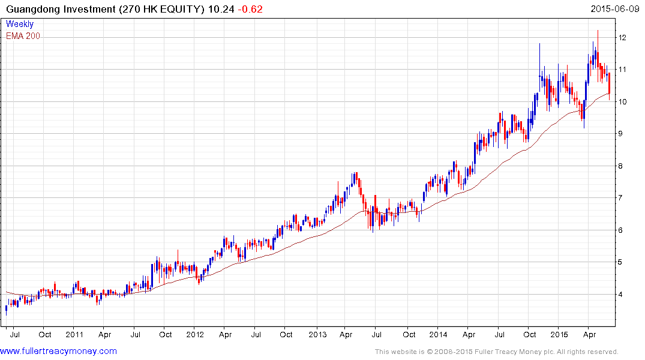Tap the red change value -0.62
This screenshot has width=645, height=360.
(x=250, y=9)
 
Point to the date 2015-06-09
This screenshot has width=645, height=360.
(x=615, y=9)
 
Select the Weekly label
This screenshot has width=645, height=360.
(x=19, y=24)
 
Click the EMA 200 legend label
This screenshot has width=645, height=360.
(x=23, y=36)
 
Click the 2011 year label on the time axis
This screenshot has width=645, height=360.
(x=74, y=334)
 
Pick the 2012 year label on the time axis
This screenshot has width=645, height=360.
(x=195, y=334)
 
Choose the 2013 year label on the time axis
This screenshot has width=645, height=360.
(x=317, y=334)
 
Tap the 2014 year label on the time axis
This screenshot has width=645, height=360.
(x=438, y=334)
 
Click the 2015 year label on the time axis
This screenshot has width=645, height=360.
(x=559, y=334)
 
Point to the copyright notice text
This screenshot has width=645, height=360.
(x=496, y=352)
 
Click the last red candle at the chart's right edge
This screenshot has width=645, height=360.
(x=610, y=84)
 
